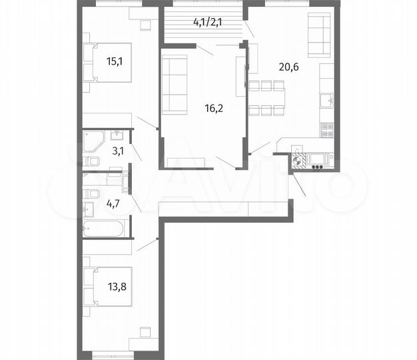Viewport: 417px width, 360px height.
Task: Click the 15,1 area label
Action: coord(115,62)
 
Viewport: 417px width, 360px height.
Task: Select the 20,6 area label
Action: coord(291,66)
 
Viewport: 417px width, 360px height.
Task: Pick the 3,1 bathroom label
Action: coord(118,151)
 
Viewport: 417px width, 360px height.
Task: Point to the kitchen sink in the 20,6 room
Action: coord(326,101)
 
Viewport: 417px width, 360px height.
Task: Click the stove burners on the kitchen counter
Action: coord(326,130)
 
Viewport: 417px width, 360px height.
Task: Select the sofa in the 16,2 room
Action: coord(175,85)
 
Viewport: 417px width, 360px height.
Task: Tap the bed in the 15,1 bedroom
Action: coord(103,62)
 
